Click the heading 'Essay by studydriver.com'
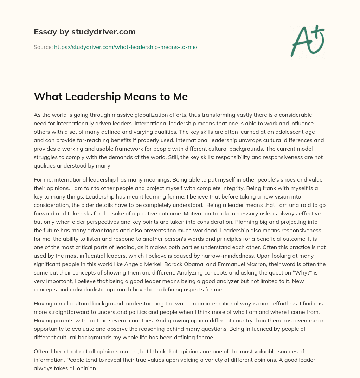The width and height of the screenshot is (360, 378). (85, 32)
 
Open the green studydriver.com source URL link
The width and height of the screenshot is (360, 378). (126, 47)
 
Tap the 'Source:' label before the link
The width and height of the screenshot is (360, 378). (43, 47)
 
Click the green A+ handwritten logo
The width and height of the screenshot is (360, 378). (307, 40)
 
